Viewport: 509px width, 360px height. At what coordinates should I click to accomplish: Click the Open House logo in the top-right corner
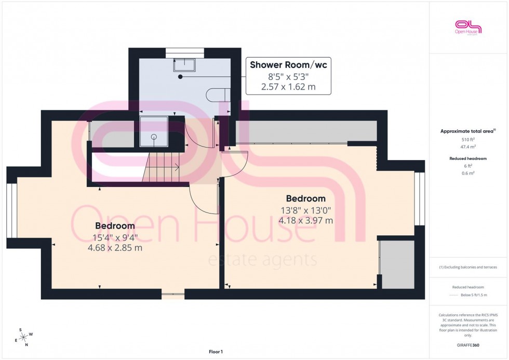tap(468, 27)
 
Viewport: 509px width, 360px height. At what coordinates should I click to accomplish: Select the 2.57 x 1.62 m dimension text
tap(288, 87)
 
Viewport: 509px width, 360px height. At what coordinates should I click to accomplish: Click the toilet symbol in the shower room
tap(215, 95)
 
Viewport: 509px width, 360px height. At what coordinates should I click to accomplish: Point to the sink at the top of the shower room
tap(184, 64)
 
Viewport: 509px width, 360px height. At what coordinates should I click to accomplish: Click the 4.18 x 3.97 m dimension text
tap(306, 220)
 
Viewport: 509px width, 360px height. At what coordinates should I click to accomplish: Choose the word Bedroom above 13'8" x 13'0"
tap(306, 198)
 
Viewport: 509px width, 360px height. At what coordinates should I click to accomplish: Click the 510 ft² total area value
tap(468, 139)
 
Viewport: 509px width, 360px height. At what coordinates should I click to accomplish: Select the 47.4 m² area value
tap(468, 147)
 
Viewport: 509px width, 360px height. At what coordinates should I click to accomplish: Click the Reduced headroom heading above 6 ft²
tap(468, 158)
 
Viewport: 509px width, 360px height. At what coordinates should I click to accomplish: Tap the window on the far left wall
tap(11, 211)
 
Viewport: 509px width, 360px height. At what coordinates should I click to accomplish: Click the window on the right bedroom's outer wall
tap(420, 198)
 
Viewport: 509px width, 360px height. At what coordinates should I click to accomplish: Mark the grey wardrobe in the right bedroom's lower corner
tap(398, 264)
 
